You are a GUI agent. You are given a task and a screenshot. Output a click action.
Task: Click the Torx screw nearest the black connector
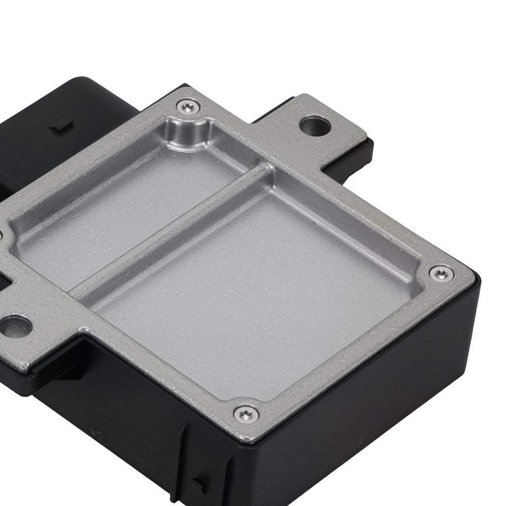pos(188,107)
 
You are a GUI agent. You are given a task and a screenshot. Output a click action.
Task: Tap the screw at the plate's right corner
pos(441,273)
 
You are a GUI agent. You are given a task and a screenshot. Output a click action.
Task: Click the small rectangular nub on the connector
pos(62,125)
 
